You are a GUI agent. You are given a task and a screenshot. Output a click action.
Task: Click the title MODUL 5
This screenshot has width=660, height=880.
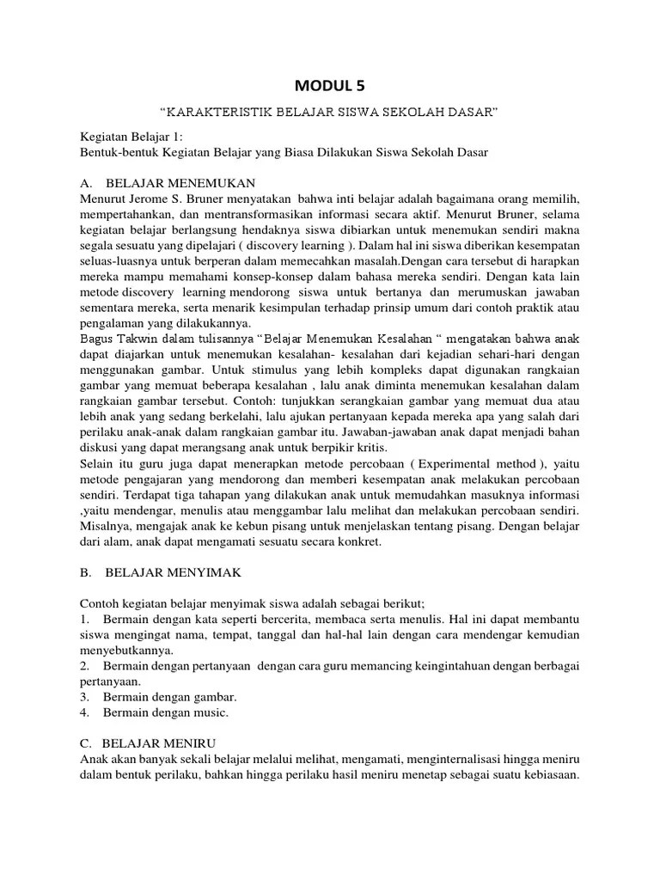pyautogui.click(x=329, y=84)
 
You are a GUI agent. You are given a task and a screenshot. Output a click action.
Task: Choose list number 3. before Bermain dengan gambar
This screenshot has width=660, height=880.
pyautogui.click(x=85, y=696)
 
